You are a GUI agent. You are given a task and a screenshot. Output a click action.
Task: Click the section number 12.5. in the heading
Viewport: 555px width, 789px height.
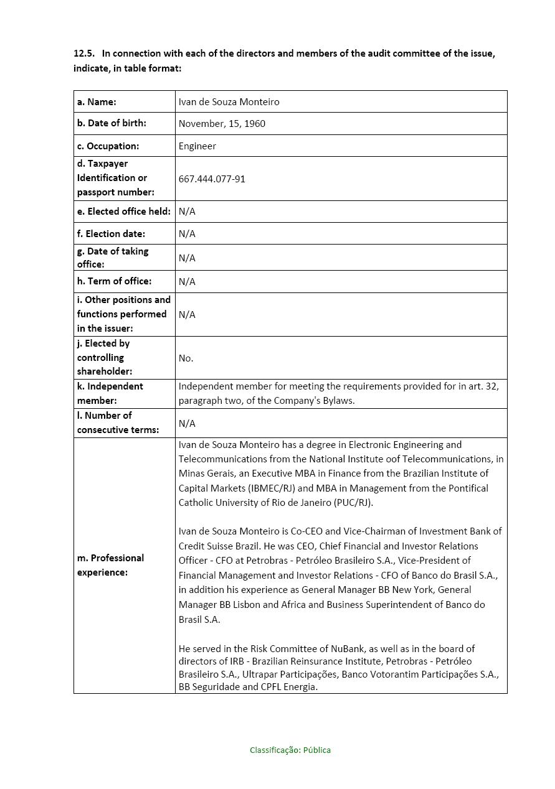[84, 54]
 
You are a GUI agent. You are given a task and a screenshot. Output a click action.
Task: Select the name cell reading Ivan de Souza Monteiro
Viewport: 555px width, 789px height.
[229, 102]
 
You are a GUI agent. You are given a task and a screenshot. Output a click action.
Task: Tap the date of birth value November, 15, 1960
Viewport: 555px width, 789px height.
[222, 124]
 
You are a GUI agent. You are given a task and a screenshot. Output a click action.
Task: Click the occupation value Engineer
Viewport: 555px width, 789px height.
[197, 146]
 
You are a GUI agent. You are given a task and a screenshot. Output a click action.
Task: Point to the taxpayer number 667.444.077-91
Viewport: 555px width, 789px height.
[212, 179]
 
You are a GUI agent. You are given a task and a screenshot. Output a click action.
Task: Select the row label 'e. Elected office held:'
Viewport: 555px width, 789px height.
[123, 212]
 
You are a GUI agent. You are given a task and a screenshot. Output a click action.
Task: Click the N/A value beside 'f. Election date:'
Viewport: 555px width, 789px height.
[187, 234]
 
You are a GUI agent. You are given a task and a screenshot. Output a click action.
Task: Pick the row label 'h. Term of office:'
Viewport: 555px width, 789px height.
[114, 281]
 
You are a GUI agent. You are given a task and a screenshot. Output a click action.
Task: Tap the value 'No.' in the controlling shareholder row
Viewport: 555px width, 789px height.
[186, 358]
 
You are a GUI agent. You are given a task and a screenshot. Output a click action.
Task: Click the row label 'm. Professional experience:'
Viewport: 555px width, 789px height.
[110, 565]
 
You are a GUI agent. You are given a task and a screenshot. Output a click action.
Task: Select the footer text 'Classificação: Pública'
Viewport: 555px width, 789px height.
[290, 750]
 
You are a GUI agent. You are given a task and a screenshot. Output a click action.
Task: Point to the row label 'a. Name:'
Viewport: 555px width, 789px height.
[97, 102]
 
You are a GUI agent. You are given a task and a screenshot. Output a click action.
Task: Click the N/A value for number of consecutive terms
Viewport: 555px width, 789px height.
[187, 424]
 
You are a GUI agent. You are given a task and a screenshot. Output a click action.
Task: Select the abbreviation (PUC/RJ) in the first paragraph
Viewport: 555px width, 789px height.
[353, 503]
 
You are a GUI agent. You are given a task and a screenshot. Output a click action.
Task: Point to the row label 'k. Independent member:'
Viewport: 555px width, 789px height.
[110, 393]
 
